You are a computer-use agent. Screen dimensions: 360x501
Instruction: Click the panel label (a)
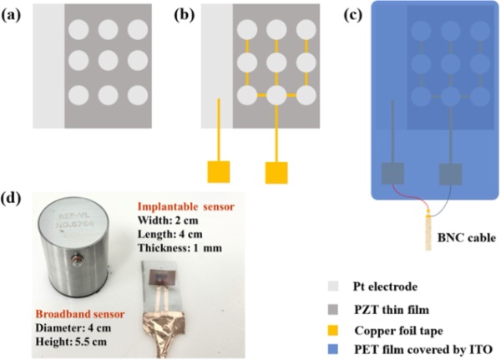(x=13, y=13)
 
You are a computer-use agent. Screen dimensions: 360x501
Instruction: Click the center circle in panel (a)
(x=108, y=62)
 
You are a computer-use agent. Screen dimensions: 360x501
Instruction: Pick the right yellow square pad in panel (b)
(x=276, y=173)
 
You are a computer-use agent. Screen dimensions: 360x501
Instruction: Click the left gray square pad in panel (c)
(x=393, y=174)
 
